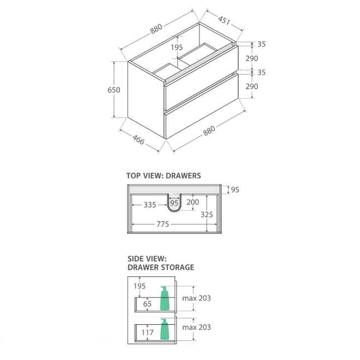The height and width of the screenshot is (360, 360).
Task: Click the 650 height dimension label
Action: point(114,90)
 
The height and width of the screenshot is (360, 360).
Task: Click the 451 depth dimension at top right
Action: point(224,21)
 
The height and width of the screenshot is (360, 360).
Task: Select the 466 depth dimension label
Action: point(138,140)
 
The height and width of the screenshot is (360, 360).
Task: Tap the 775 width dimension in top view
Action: point(163,224)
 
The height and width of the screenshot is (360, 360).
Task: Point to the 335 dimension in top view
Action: point(150,205)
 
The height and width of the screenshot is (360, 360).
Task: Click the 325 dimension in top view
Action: point(207,214)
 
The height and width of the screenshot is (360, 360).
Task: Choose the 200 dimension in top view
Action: point(193,202)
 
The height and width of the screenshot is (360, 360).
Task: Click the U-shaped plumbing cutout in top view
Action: point(174,203)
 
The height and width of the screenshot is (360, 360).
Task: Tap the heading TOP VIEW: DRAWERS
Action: point(164,176)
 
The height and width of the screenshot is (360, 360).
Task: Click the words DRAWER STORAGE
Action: point(161,267)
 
